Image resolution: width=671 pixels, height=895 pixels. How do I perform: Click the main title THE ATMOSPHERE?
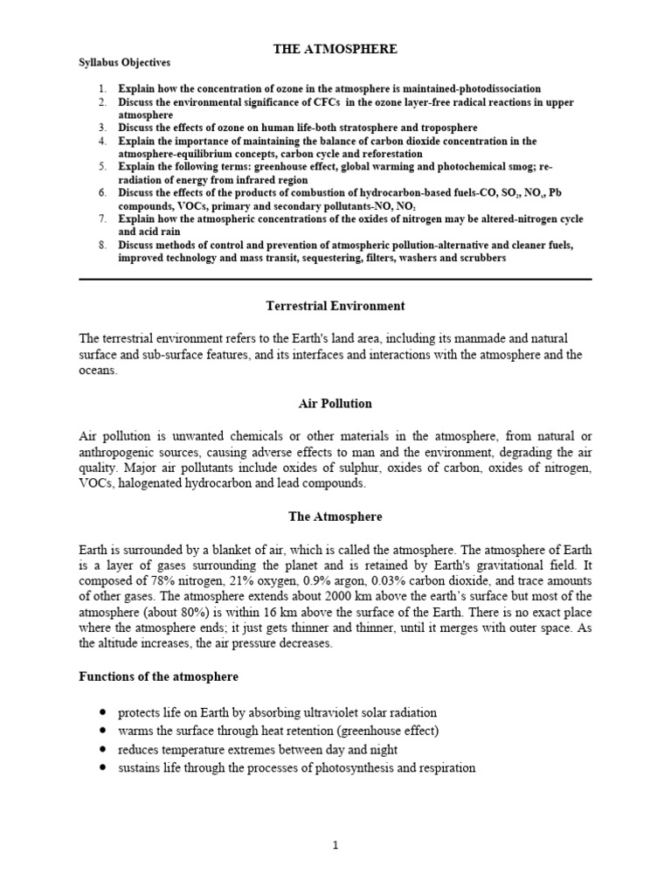335,50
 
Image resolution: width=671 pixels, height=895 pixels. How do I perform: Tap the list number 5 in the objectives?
101,166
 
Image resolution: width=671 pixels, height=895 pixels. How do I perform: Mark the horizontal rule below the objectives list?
335,280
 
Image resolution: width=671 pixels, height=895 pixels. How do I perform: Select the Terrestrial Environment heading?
335,306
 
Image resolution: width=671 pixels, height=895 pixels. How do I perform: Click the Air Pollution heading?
335,404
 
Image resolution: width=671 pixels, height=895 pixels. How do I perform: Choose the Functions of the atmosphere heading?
159,677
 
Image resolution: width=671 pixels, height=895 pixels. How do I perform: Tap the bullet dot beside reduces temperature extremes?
103,750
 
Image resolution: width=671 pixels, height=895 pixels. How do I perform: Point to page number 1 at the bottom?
335,846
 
